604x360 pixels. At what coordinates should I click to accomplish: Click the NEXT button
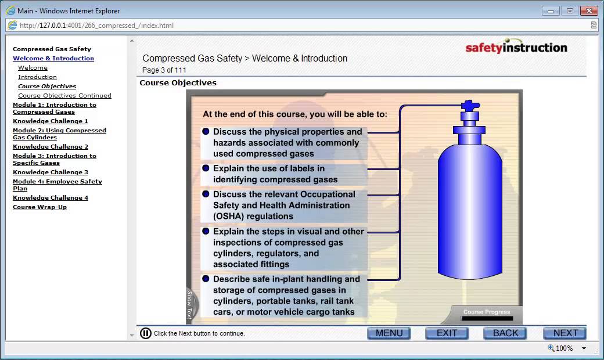[x=565, y=333]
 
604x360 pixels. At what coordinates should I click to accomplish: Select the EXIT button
[x=447, y=333]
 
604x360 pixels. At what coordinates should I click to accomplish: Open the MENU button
[x=389, y=333]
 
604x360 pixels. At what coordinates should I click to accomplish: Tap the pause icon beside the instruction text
[x=146, y=333]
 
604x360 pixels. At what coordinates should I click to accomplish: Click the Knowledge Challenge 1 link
[x=51, y=121]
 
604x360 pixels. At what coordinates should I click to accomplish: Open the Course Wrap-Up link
[x=39, y=207]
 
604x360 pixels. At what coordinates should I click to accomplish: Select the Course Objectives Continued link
[x=64, y=96]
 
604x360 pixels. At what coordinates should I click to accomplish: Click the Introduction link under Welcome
[x=37, y=77]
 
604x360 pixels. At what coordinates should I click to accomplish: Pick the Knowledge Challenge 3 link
[x=51, y=172]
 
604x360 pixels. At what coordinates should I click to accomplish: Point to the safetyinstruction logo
[x=516, y=48]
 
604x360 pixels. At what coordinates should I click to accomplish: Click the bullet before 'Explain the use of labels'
[x=206, y=168]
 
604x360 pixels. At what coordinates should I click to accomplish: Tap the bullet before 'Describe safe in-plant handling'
[x=206, y=279]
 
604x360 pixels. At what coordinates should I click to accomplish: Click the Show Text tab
[x=189, y=305]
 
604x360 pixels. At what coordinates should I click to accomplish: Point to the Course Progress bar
[x=487, y=318]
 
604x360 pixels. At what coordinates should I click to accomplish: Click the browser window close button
[x=590, y=10]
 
